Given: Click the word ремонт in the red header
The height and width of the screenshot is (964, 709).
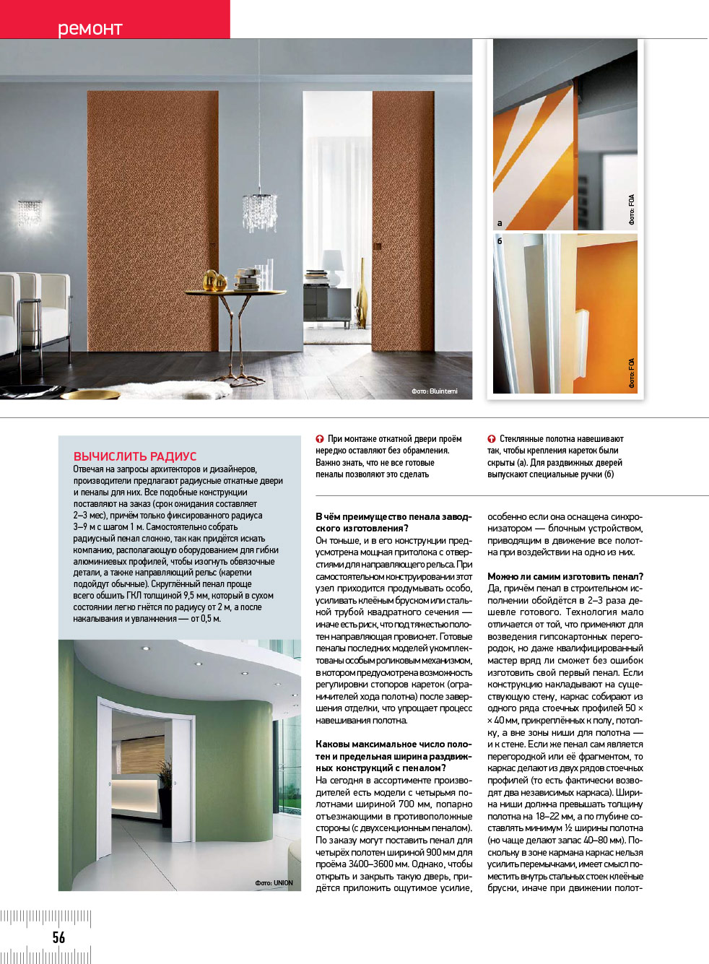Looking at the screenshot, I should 90,29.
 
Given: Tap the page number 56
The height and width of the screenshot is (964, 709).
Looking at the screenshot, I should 58,937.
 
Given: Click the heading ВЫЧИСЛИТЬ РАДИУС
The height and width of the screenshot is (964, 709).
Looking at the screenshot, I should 135,456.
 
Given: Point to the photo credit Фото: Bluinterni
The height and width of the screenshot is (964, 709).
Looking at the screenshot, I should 435,391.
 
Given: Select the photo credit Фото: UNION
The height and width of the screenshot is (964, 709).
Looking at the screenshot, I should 274,882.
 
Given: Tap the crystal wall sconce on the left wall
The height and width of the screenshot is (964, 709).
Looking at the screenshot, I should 30,212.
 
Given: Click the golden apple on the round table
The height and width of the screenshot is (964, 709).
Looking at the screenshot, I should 211,280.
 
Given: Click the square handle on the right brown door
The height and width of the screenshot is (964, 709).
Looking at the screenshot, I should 377,246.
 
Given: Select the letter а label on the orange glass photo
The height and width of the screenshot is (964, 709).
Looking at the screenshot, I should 500,223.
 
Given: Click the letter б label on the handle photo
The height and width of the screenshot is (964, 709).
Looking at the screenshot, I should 500,241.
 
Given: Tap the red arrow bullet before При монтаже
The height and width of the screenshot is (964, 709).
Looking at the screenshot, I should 320,439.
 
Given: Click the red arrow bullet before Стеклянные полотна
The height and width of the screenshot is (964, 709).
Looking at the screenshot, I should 492,439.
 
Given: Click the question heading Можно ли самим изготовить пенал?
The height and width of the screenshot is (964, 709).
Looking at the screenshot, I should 565,576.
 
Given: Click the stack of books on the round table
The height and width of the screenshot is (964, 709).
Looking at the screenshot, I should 248,279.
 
